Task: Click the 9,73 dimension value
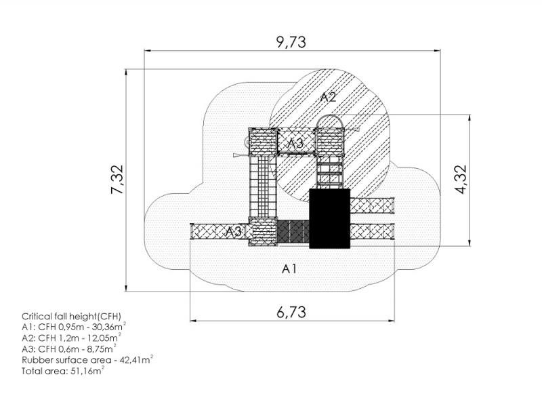coord(291,42)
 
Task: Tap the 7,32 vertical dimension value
coord(117,179)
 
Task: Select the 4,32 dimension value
coord(461,180)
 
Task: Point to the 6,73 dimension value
coord(291,312)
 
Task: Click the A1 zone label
coord(289,268)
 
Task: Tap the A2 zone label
coord(328,97)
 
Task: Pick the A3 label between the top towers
coord(296,143)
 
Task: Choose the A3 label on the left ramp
coord(234,231)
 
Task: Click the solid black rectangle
coord(330,218)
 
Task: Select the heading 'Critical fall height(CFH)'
coord(72,316)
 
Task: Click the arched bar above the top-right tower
coord(331,119)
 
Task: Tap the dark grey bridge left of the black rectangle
coord(293,231)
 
